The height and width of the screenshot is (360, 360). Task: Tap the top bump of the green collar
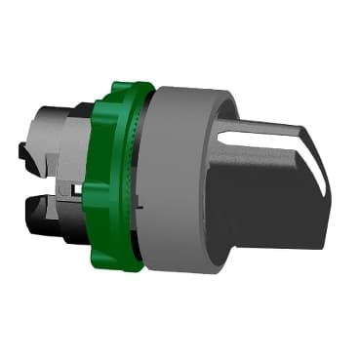(122, 86)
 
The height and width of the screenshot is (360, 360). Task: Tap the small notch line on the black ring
(140, 209)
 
